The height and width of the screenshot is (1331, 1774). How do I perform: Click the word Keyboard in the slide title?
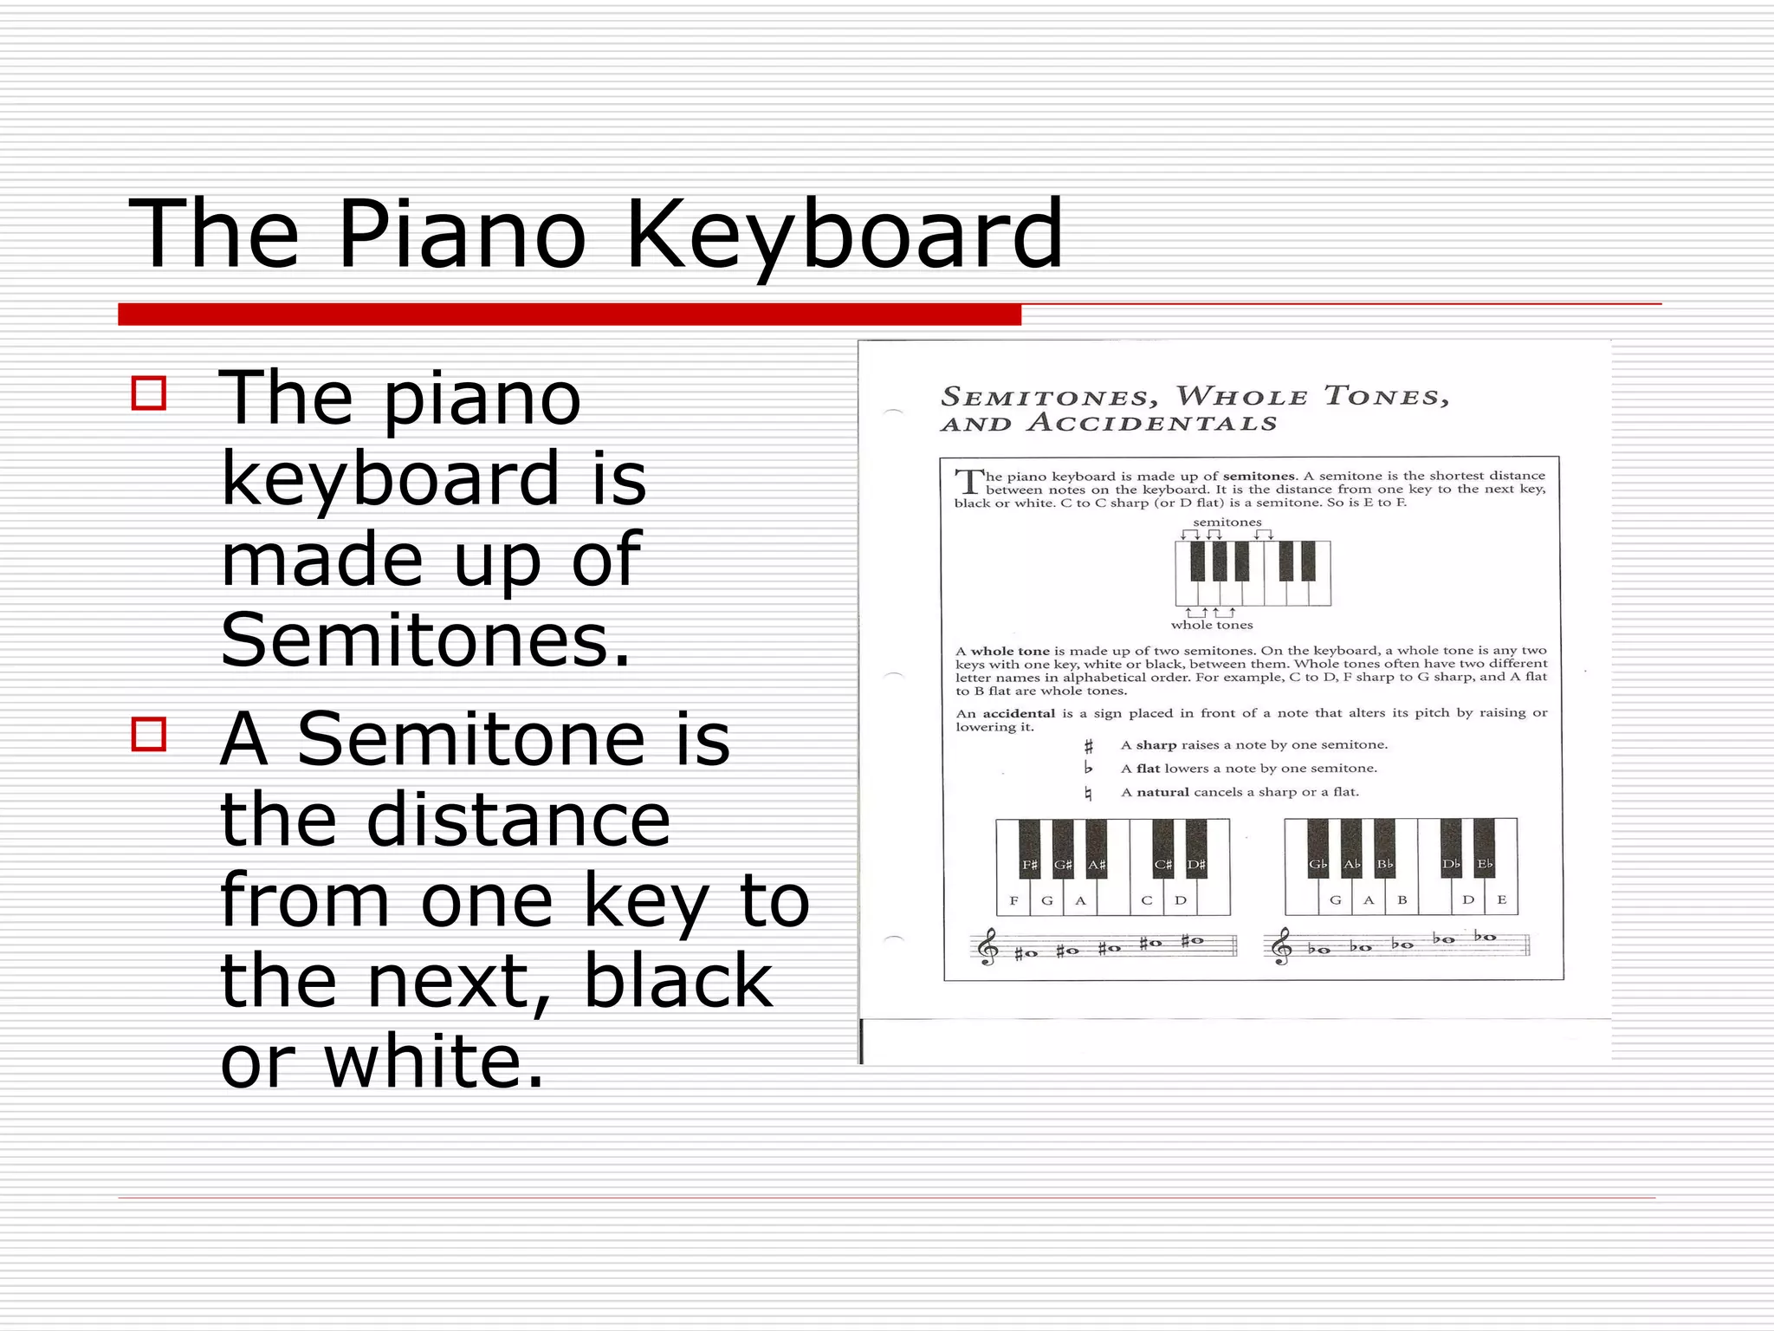tap(844, 234)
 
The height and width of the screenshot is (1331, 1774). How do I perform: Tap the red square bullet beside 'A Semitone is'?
tap(149, 734)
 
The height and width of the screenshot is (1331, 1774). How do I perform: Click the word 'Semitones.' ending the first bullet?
tap(425, 640)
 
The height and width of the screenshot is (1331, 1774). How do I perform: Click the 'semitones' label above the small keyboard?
tap(1227, 523)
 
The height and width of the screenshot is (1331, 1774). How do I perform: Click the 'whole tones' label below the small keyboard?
tap(1211, 625)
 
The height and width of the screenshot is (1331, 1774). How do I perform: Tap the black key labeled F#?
tap(1029, 849)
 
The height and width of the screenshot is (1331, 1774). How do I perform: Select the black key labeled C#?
tap(1162, 849)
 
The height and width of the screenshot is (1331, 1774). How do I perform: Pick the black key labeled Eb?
tap(1484, 849)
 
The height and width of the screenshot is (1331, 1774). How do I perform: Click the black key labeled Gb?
tap(1318, 849)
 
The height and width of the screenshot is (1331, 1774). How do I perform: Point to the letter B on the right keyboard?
tap(1402, 900)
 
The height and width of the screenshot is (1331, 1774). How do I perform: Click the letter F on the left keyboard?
tap(1013, 900)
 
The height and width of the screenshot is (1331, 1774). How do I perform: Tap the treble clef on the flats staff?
tap(1281, 946)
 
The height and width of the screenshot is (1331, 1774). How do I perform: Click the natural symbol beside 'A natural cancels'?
tap(1088, 793)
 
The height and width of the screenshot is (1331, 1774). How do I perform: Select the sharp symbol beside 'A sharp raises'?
tap(1089, 745)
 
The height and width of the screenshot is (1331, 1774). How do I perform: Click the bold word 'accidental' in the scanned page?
tap(1018, 713)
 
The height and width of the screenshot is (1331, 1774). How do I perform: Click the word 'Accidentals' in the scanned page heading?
tap(1152, 424)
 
